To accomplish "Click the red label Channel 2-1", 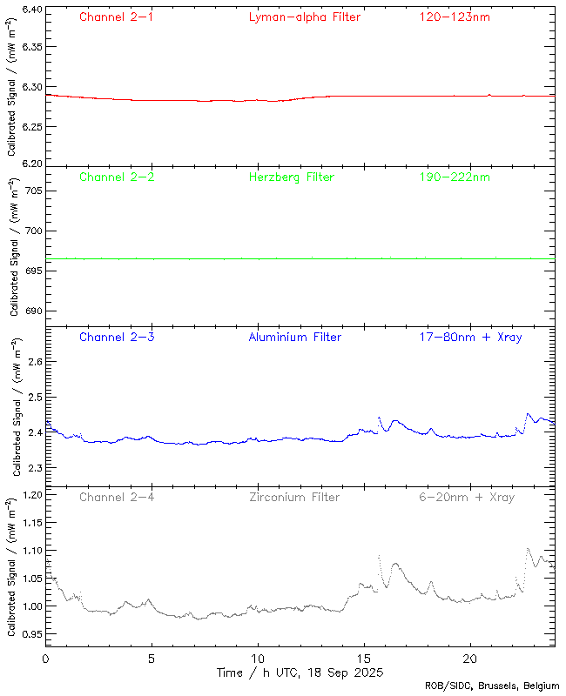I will [x=116, y=17].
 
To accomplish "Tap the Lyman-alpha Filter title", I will [x=304, y=17].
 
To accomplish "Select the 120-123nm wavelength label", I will [x=453, y=17].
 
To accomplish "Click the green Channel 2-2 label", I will [x=116, y=177].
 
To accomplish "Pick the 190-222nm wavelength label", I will [x=453, y=177].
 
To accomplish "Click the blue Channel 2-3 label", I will [x=116, y=338].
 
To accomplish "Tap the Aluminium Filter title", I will [x=295, y=338].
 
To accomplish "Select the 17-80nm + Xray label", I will [x=470, y=338].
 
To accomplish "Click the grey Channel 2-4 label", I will [x=116, y=498].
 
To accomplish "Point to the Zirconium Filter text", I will [x=294, y=498].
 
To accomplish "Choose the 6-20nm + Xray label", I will [x=466, y=498].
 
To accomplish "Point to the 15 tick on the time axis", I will [x=364, y=659].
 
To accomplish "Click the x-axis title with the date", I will [x=300, y=673].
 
